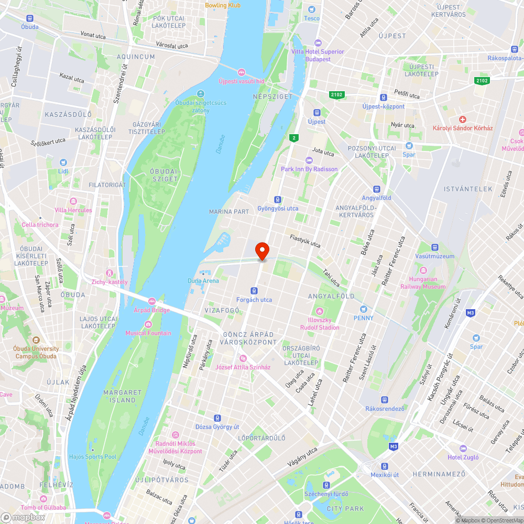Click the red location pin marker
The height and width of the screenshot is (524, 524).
pos(261,251)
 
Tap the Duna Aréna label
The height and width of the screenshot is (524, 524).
pos(203,281)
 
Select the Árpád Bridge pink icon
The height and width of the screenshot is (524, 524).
pos(152,301)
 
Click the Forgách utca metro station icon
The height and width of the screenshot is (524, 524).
pos(254,290)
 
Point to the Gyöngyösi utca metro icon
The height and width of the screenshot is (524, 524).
pos(278,199)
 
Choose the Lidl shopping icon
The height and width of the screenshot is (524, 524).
pos(63,162)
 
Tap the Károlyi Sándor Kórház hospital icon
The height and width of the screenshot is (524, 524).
pos(462,120)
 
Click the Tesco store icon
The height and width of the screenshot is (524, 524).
pos(312,9)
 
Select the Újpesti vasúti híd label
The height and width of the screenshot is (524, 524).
pos(241,81)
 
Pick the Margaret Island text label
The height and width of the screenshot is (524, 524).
pos(119,396)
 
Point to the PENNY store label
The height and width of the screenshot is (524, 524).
pos(364,318)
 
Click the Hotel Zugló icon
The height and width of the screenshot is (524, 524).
pos(463,449)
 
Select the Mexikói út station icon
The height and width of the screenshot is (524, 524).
pos(385,466)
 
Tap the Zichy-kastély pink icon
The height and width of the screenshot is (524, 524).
pos(109,273)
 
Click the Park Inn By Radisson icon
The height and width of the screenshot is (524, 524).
pos(309,160)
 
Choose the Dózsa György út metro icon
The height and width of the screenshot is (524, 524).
pos(217,418)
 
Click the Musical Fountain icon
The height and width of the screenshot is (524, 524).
pos(148,324)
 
